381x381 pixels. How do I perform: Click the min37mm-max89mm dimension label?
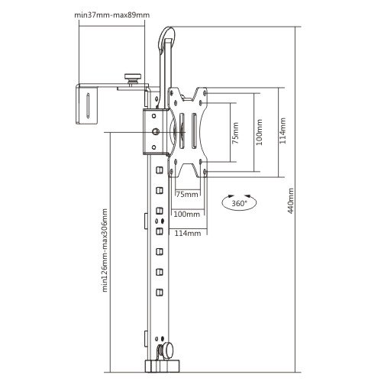[x=111, y=15]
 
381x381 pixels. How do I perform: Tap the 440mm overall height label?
[x=290, y=201]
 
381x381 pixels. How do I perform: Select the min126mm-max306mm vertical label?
[x=105, y=250]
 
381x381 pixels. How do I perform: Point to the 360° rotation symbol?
[x=239, y=203]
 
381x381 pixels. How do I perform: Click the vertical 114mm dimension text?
[x=283, y=131]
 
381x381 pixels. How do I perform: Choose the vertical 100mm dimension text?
[x=259, y=132]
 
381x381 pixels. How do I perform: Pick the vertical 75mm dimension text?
[x=235, y=133]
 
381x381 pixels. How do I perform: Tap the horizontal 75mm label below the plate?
[x=187, y=195]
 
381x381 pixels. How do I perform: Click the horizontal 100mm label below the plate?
[x=187, y=214]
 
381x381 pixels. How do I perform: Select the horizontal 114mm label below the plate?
[x=188, y=233]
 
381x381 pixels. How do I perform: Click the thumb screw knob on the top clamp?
[x=133, y=78]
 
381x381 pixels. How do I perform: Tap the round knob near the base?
[x=166, y=350]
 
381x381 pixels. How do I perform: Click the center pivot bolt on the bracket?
[x=156, y=132]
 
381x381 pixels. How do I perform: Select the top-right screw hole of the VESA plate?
[x=205, y=93]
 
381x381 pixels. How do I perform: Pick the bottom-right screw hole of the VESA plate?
[x=205, y=172]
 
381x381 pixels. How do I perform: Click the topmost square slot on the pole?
[x=160, y=170]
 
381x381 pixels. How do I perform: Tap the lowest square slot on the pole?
[x=160, y=292]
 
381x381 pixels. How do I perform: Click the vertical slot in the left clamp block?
[x=88, y=105]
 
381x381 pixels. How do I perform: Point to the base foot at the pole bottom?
[x=162, y=366]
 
